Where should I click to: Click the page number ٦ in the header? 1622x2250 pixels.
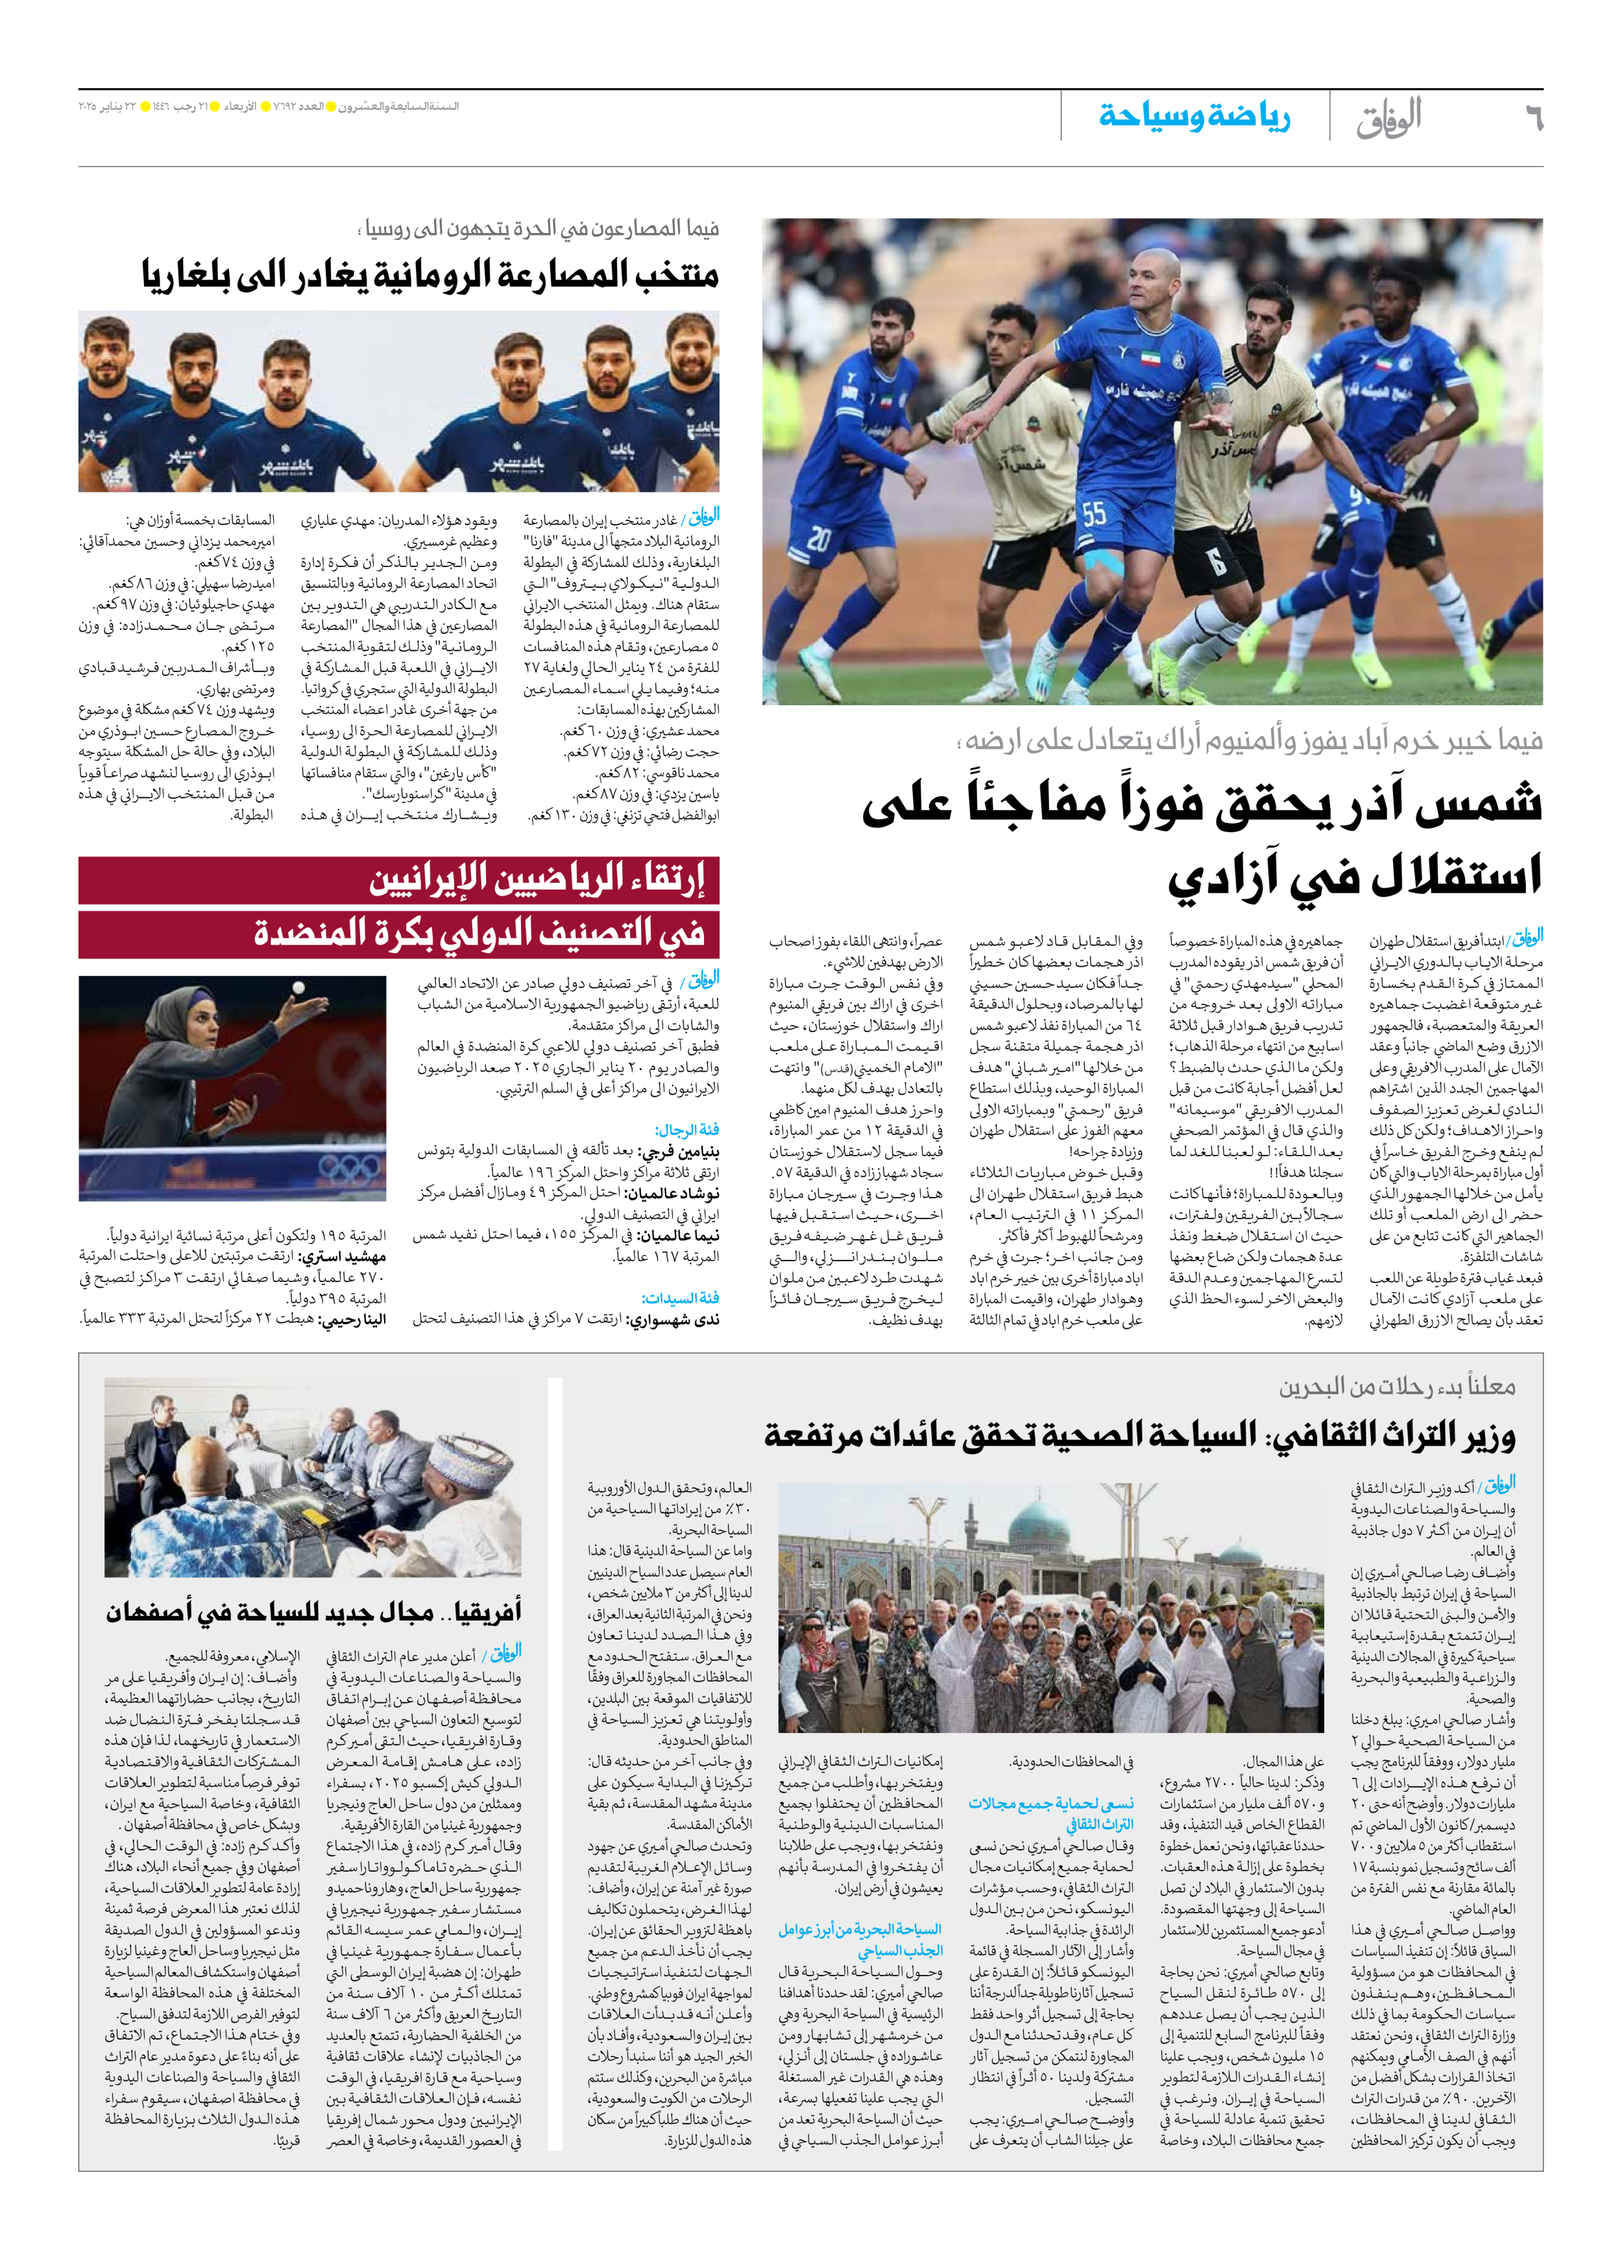point(1532,119)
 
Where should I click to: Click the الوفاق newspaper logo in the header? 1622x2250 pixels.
point(1389,118)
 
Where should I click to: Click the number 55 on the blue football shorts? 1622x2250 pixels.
point(1093,514)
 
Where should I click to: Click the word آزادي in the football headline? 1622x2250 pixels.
point(1209,875)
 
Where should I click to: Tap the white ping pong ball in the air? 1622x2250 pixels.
point(298,987)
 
